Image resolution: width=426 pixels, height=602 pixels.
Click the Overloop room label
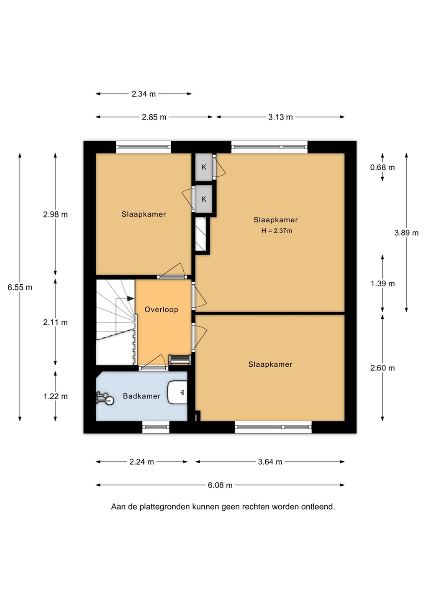click(x=162, y=309)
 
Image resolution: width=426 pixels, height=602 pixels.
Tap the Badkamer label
click(x=141, y=396)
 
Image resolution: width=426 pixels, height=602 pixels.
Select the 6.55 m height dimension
click(x=20, y=287)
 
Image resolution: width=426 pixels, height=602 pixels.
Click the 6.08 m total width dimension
click(x=220, y=485)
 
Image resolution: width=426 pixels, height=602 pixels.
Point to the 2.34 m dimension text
click(x=144, y=94)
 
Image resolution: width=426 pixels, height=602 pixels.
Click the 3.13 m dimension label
click(x=280, y=117)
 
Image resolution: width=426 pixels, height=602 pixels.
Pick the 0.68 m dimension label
click(x=382, y=167)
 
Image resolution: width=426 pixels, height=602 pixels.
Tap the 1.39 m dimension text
click(x=382, y=283)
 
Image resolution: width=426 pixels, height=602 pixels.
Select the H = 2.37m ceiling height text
click(x=277, y=231)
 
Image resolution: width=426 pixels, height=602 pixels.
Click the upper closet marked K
click(x=204, y=167)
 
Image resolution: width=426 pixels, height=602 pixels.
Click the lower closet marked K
click(x=204, y=199)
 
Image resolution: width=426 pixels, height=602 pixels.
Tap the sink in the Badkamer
click(x=177, y=392)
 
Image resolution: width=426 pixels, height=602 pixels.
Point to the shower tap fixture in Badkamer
click(x=105, y=398)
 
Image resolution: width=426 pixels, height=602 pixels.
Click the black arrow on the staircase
click(x=130, y=298)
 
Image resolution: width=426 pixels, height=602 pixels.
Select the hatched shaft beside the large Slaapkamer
click(x=200, y=234)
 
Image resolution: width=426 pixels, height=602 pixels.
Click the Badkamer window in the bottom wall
click(x=156, y=427)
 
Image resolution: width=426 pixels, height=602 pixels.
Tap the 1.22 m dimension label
click(x=55, y=396)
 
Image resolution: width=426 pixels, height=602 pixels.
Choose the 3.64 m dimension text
click(x=270, y=462)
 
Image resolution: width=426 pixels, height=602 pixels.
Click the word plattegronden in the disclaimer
click(x=164, y=507)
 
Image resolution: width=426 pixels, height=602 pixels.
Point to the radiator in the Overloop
click(x=180, y=360)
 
